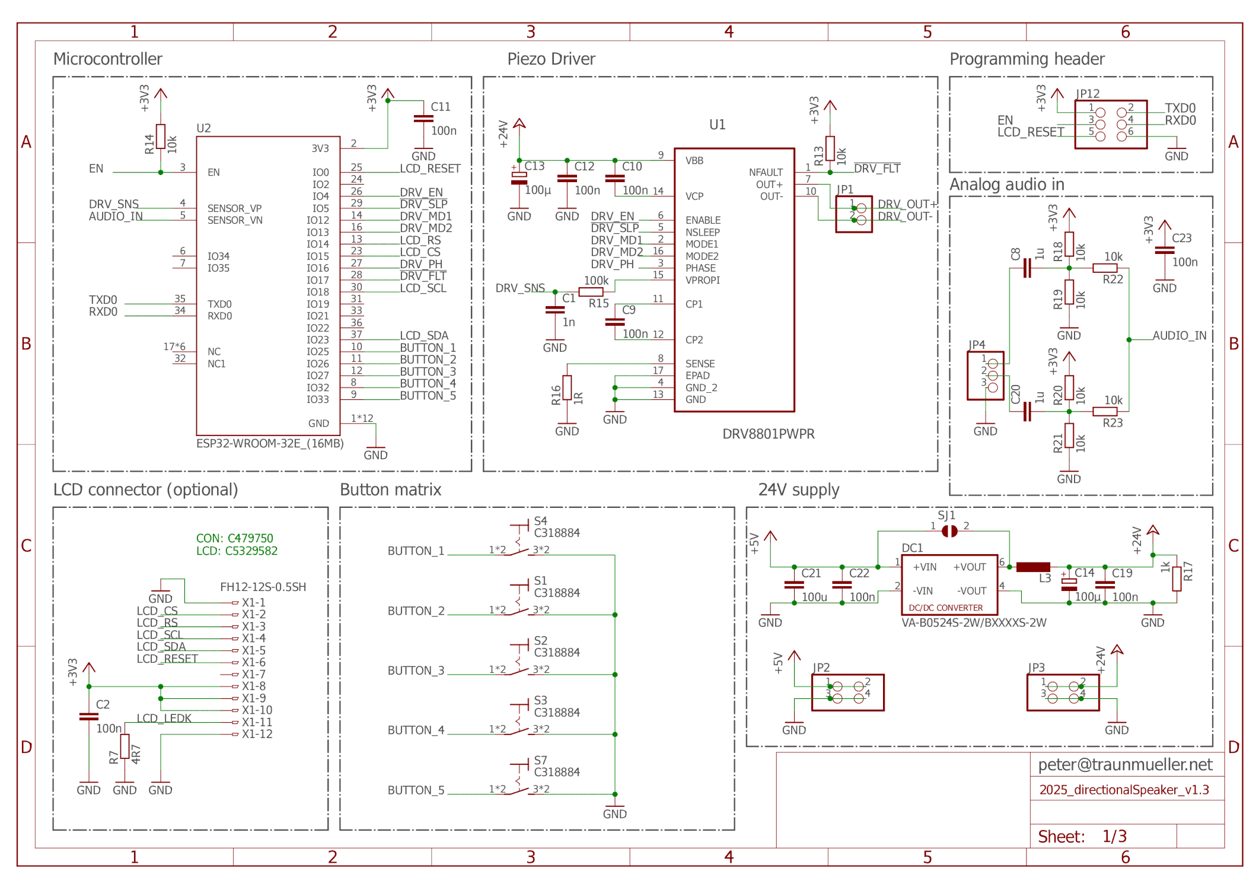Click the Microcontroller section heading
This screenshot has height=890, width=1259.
107,59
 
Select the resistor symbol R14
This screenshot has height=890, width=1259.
160,137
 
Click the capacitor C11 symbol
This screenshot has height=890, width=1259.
423,119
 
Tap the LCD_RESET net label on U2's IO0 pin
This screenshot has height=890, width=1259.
429,169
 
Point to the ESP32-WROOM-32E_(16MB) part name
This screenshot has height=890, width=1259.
270,443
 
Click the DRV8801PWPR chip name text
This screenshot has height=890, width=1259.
768,434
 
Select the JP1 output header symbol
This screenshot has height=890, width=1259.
853,214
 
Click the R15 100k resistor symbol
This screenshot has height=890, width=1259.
591,292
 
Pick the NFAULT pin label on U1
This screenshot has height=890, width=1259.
765,172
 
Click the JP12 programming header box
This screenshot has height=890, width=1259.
1110,125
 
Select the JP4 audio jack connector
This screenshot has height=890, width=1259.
985,376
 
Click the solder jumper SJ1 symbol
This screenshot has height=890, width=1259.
949,531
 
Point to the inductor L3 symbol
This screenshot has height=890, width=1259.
1032,567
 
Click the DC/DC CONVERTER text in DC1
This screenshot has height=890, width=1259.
945,608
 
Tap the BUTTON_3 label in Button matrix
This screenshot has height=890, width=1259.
416,670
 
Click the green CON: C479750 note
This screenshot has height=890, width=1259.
234,538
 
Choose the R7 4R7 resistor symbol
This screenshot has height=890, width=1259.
125,746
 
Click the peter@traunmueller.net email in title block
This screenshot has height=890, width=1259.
1124,764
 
